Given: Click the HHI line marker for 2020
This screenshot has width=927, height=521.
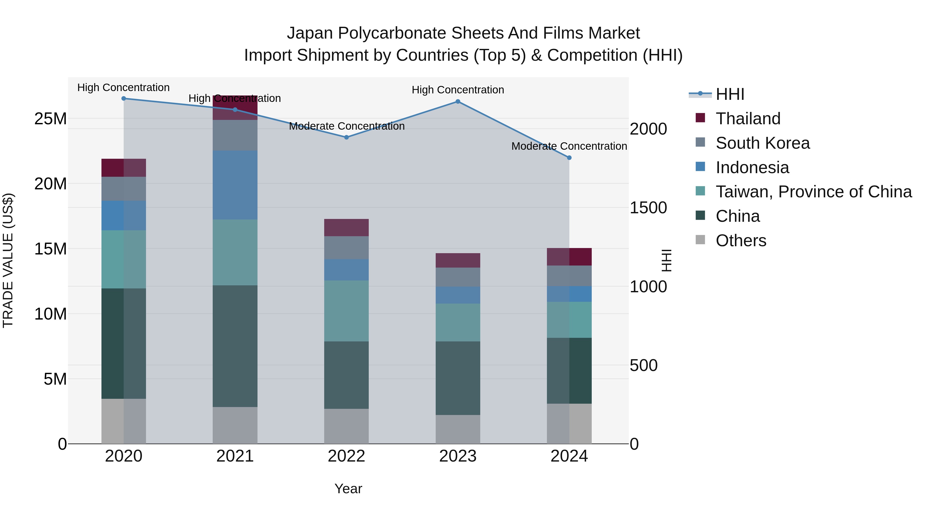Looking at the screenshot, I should pos(123,99).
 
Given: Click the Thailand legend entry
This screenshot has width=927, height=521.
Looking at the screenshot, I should pos(748,119).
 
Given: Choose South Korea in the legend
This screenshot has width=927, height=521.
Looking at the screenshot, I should pos(762,143).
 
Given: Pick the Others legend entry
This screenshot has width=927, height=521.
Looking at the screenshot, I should pos(741,241).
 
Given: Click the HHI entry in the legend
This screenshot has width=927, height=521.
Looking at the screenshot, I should pos(730,94).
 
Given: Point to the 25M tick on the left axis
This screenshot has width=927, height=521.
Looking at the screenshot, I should pos(50,119).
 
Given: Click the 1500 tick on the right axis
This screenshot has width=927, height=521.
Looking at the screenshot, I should pos(648,208).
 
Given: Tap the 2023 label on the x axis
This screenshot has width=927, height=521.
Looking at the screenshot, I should pos(458,456).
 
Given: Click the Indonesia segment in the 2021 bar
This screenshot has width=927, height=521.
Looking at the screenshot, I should pos(235,185).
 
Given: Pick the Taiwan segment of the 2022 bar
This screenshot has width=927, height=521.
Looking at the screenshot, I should pos(346,311).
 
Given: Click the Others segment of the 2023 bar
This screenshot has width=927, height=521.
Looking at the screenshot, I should pos(458,429).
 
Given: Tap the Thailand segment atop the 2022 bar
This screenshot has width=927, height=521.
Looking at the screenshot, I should pos(346,228).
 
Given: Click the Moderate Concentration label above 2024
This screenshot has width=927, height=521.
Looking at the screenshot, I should pos(569,146).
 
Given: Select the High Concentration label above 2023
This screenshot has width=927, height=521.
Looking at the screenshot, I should pos(458,90).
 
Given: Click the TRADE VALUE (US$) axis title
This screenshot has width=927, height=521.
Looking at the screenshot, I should pos(8,260).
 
